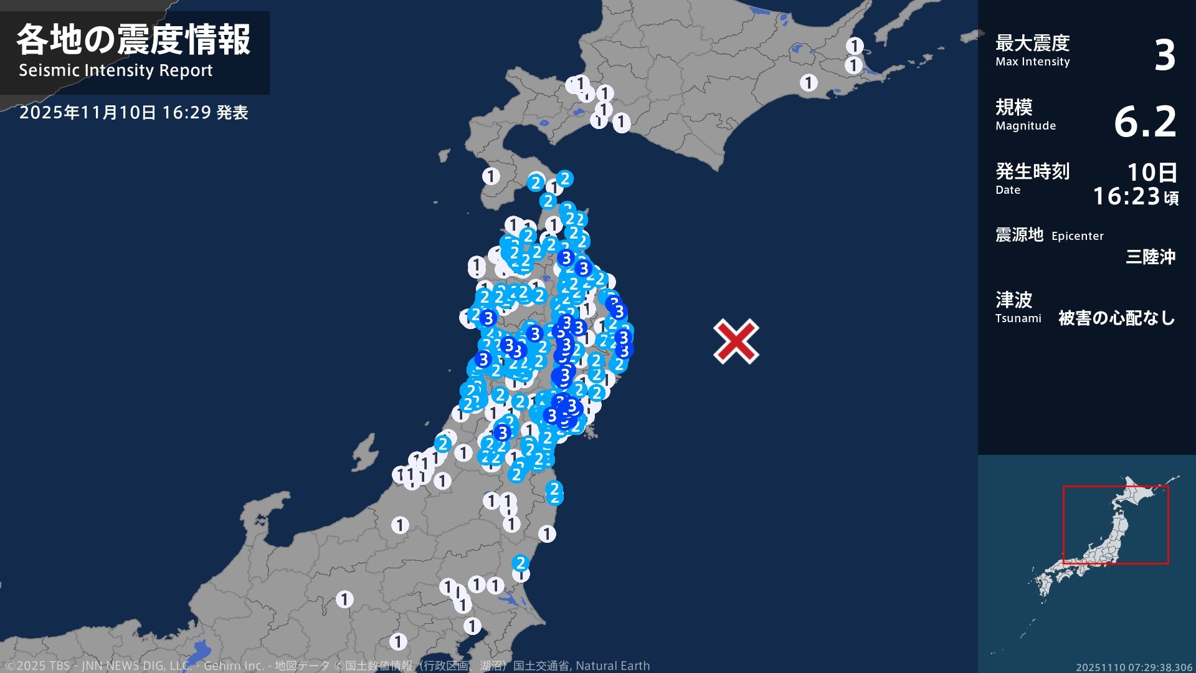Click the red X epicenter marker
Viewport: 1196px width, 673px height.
pyautogui.click(x=736, y=341)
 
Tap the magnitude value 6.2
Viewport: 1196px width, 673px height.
pyautogui.click(x=1145, y=122)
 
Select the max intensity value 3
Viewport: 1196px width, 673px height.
pyautogui.click(x=1164, y=55)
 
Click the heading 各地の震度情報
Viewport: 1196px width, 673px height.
pyautogui.click(x=133, y=40)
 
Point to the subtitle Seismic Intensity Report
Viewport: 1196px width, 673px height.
pyautogui.click(x=115, y=70)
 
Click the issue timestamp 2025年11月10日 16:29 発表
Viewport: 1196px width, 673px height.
pyautogui.click(x=133, y=113)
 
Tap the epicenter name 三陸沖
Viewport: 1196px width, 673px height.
pyautogui.click(x=1150, y=257)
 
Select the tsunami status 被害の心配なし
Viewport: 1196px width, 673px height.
pyautogui.click(x=1116, y=318)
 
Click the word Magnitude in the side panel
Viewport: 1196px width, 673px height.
pyautogui.click(x=1025, y=126)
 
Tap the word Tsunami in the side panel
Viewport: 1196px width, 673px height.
pyautogui.click(x=1018, y=318)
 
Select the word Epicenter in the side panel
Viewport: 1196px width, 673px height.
pyautogui.click(x=1077, y=236)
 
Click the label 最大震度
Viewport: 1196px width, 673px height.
pyautogui.click(x=1032, y=43)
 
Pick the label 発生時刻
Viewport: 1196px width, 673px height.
pyautogui.click(x=1032, y=171)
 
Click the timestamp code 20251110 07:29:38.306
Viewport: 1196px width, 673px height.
pyautogui.click(x=1134, y=667)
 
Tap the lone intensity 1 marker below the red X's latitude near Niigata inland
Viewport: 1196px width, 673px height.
pyautogui.click(x=400, y=525)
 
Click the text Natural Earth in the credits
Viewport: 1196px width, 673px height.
pyautogui.click(x=612, y=666)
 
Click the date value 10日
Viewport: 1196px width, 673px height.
pyautogui.click(x=1152, y=172)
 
